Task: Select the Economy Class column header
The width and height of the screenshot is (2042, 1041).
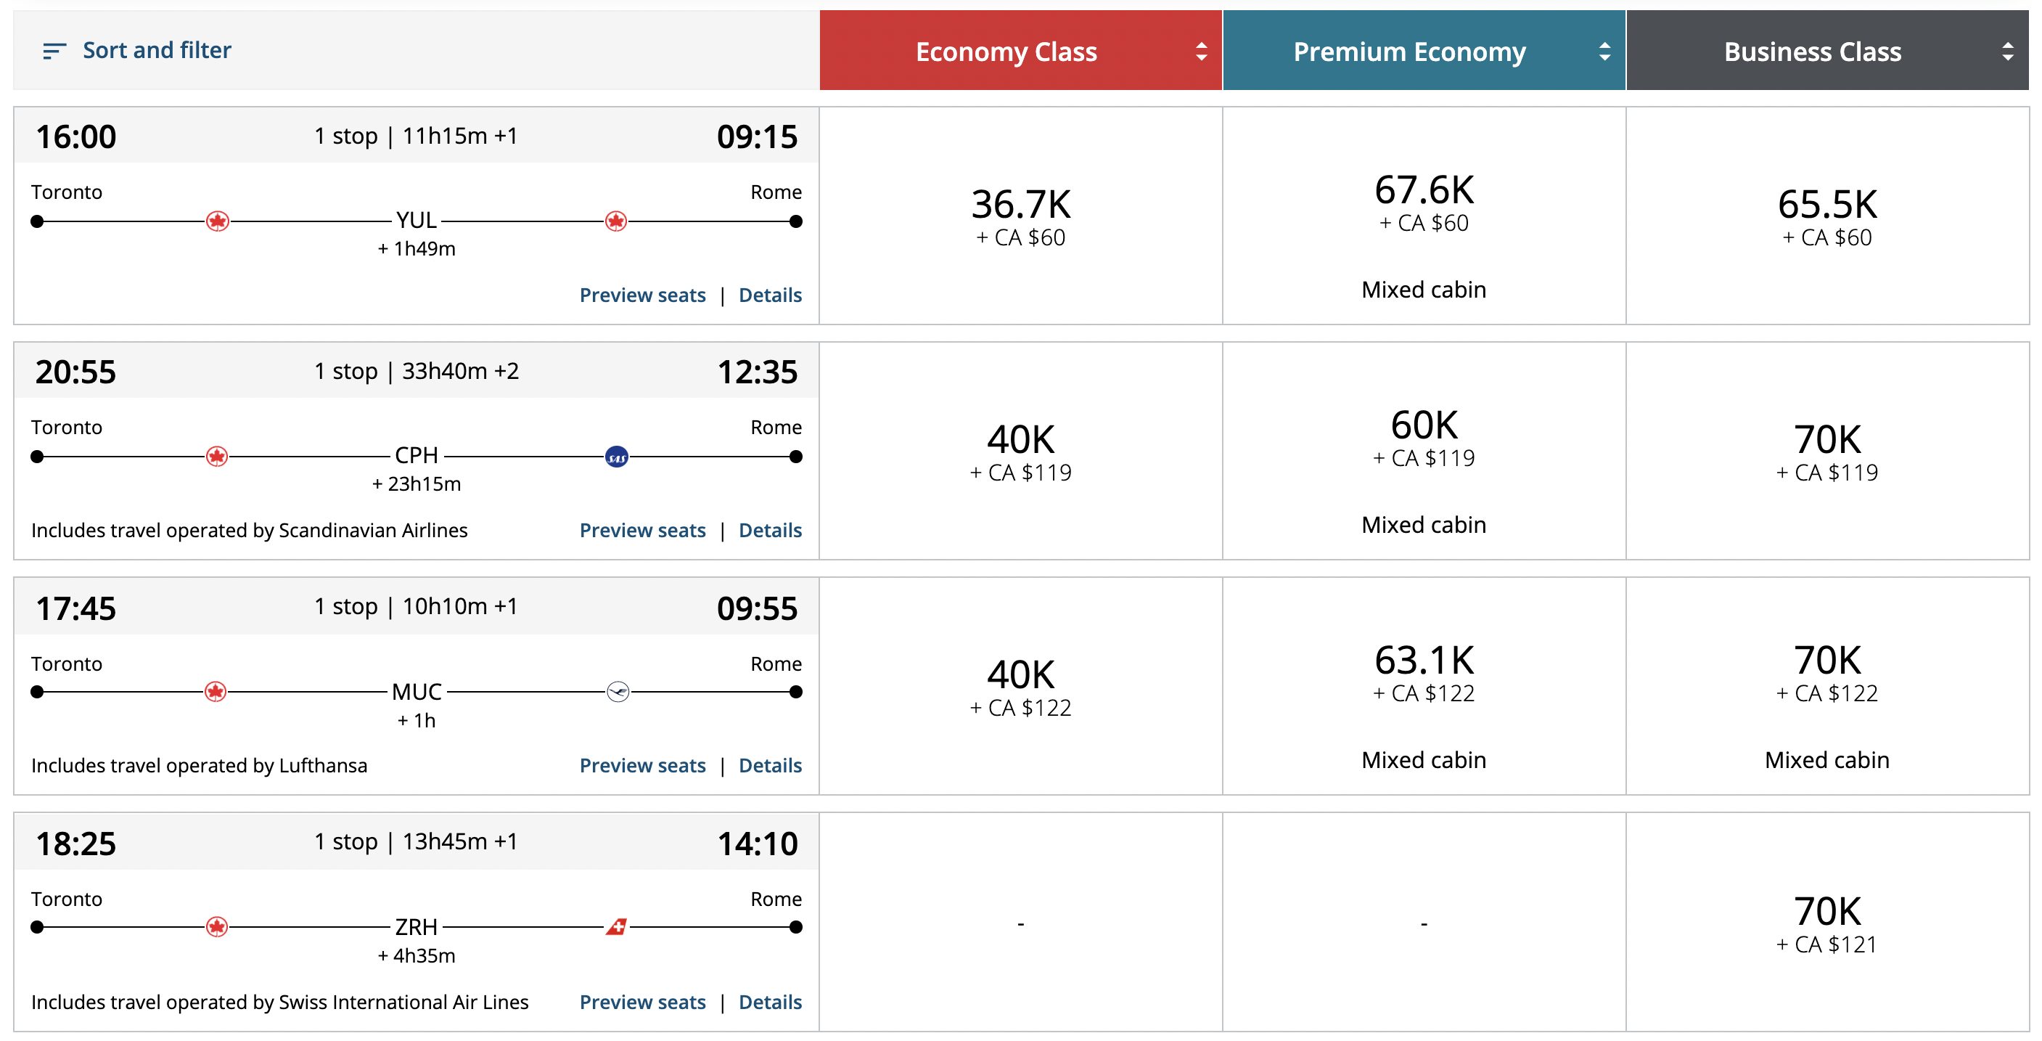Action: point(1006,52)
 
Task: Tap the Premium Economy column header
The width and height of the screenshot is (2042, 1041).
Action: point(1409,52)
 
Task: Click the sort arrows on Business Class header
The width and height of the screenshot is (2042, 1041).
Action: point(2007,52)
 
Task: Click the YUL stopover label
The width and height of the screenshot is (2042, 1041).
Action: point(417,221)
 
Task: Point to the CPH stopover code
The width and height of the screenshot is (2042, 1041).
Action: point(417,456)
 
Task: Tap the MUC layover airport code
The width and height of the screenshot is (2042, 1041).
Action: point(417,692)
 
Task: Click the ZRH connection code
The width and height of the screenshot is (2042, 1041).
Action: point(417,927)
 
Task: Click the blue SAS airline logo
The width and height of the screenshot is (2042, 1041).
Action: point(617,457)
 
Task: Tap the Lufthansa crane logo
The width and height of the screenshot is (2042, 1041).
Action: point(618,692)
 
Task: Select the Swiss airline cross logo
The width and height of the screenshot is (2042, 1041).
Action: point(617,927)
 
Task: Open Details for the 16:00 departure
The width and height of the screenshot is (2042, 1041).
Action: point(770,295)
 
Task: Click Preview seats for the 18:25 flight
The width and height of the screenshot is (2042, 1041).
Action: point(642,1002)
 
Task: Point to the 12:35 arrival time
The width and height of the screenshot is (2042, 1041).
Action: point(757,372)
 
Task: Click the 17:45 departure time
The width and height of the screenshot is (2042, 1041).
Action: point(76,609)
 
